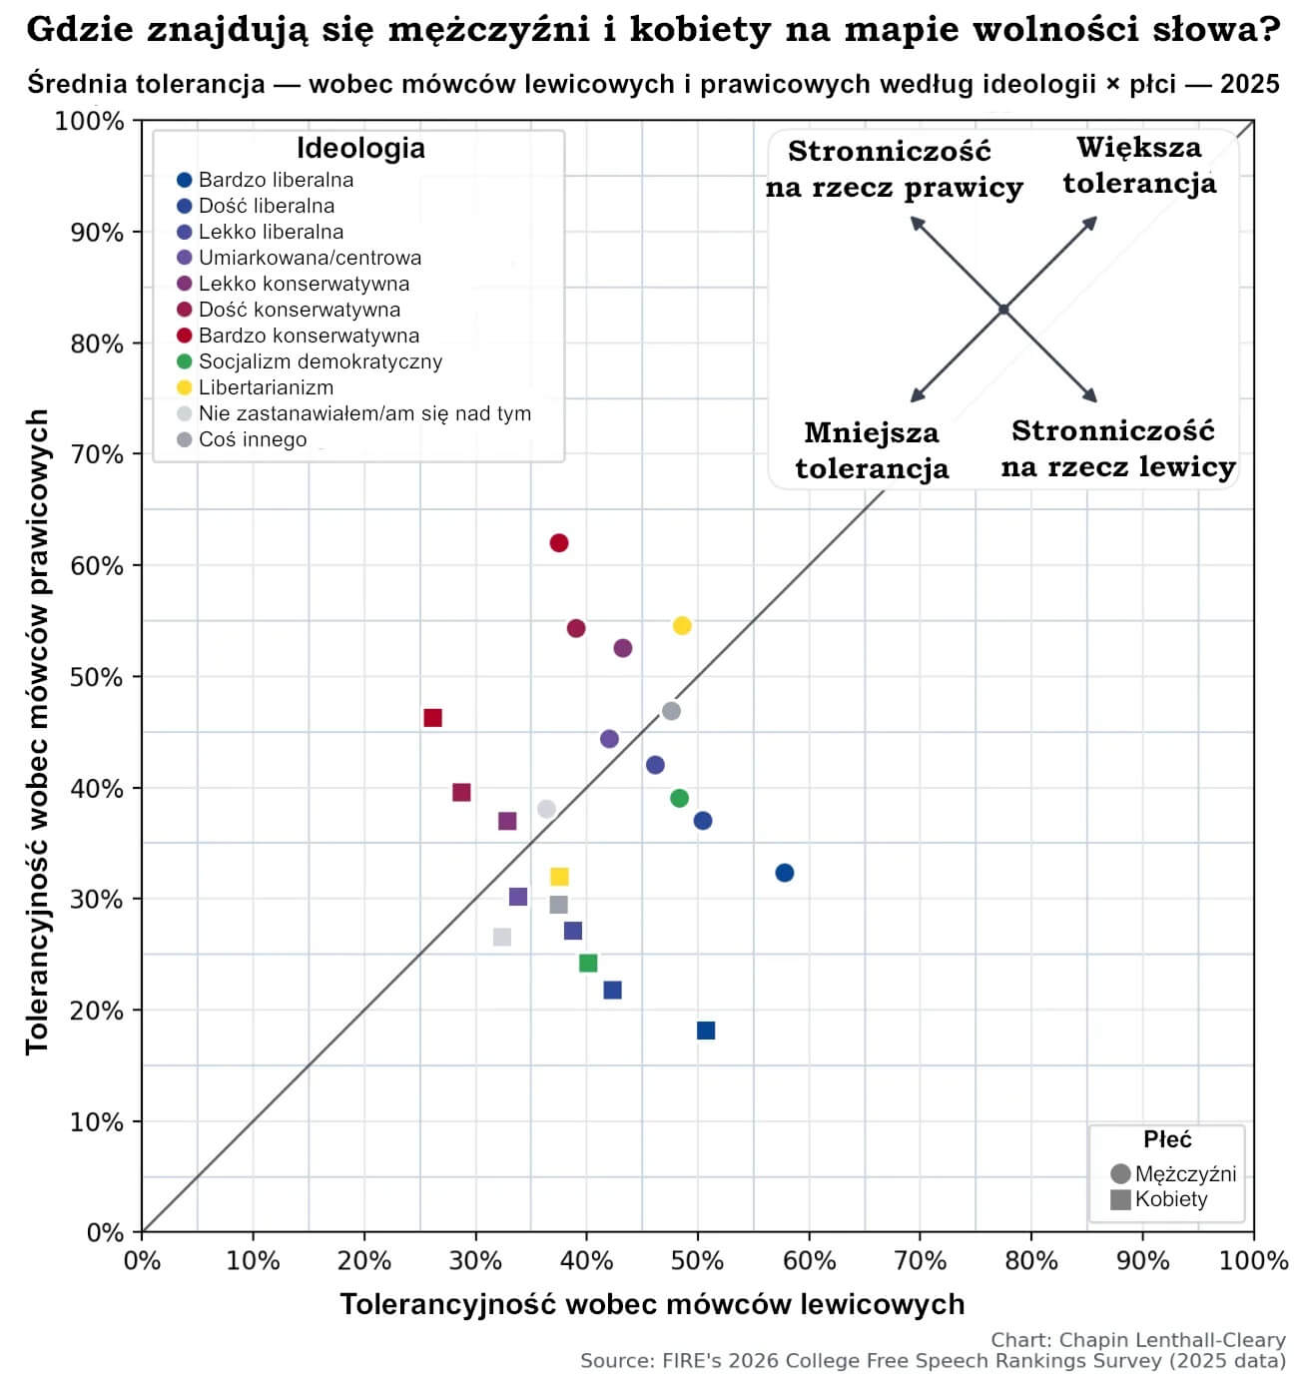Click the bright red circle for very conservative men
559,543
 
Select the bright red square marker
432,718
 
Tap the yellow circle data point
682,626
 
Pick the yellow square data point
559,877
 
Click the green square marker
588,964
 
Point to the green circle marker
679,798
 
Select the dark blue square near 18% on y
706,1031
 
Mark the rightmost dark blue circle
785,873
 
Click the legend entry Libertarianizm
266,387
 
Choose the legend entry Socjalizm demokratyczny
320,361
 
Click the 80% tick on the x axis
1030,1260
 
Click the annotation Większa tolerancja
1139,166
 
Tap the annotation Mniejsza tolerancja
872,450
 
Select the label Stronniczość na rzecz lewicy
1118,448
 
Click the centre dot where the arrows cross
1003,310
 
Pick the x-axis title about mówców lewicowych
652,1304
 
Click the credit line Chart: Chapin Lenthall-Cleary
1137,1340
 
